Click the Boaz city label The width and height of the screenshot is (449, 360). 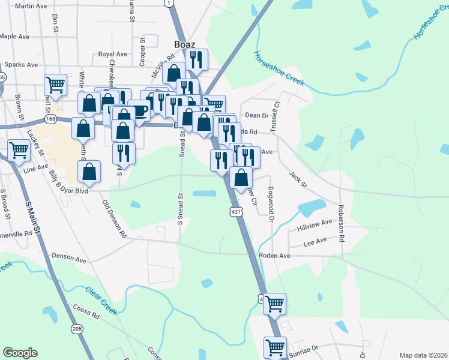point(185,44)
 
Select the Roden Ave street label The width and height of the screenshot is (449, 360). point(274,255)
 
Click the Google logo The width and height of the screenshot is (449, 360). point(20,353)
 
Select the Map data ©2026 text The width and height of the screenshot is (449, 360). point(424,355)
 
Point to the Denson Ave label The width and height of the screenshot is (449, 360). point(69,259)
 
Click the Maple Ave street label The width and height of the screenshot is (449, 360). point(16,36)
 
